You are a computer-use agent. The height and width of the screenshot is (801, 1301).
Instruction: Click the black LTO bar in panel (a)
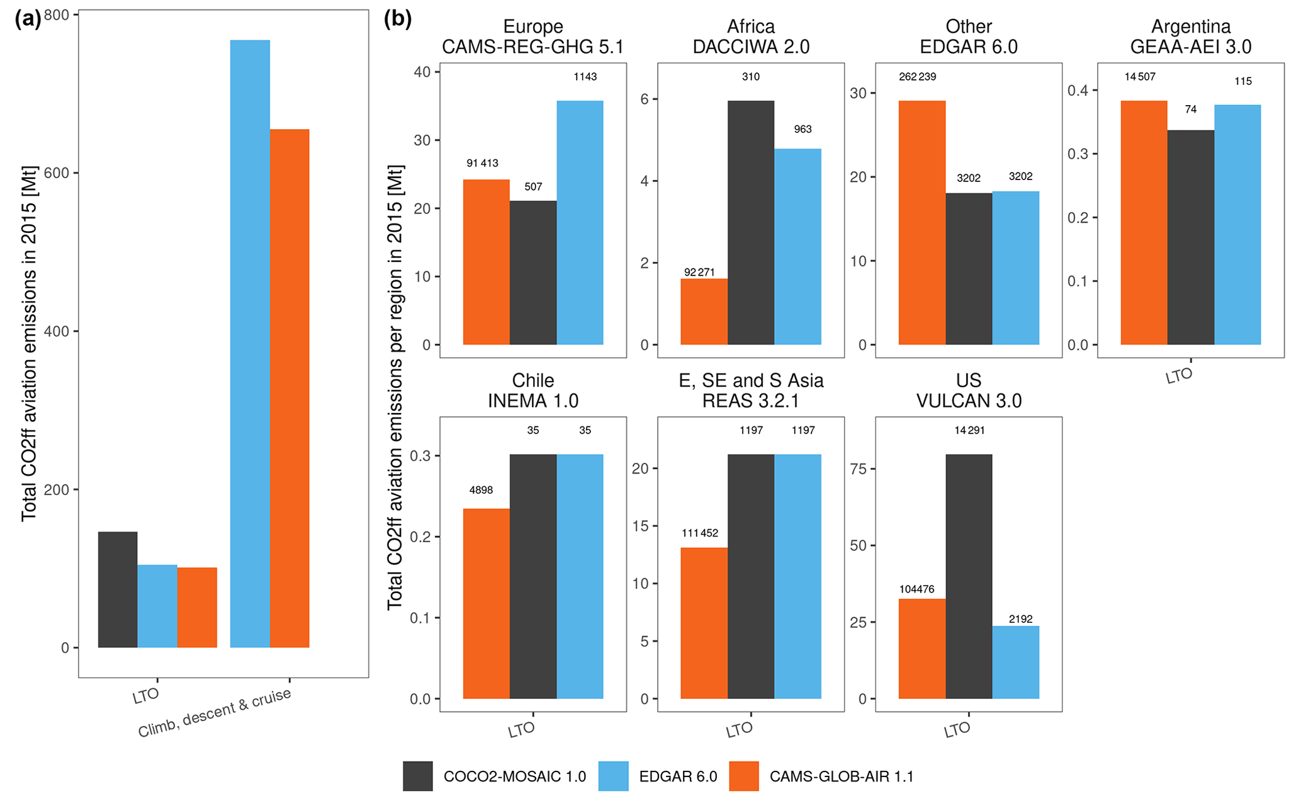(118, 589)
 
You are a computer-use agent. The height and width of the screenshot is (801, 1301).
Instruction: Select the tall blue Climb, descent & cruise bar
(250, 344)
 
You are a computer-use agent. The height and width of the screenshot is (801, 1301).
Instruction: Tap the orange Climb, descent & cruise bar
(290, 388)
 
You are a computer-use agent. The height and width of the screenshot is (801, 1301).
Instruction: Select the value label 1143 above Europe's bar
(585, 77)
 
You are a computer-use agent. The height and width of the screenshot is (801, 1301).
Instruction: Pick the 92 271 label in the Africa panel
(699, 272)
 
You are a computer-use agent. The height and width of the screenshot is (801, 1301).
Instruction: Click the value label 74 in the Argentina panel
(1190, 110)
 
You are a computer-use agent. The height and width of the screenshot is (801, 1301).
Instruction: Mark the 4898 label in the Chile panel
(481, 490)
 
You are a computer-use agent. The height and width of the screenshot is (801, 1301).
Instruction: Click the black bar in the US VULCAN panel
(969, 576)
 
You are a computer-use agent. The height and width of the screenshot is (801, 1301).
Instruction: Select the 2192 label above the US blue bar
(1020, 619)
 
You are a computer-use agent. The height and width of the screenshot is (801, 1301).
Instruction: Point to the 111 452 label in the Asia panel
(700, 533)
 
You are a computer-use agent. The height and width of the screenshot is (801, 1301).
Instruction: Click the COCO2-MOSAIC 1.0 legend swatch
(418, 776)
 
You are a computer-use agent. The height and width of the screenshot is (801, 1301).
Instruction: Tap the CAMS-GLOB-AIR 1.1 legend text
(841, 776)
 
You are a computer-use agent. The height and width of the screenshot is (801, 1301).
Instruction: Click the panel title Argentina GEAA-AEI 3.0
(1190, 37)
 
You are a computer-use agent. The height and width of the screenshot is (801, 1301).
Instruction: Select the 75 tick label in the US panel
(858, 469)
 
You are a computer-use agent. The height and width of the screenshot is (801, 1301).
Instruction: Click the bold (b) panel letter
(398, 19)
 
